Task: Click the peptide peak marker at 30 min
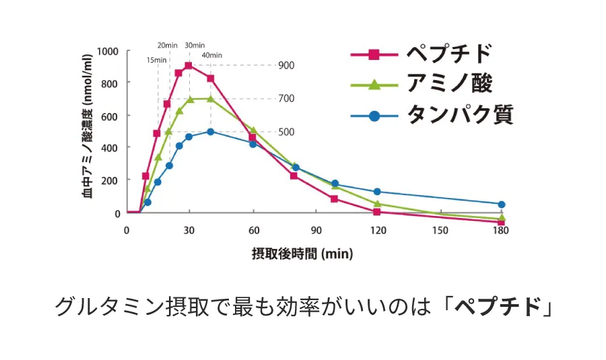coord(189,66)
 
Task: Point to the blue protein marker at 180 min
coord(502,204)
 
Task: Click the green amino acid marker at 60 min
coord(252,130)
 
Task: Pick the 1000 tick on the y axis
coord(108,51)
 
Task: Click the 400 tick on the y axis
coord(110,147)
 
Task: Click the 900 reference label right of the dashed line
coord(286,65)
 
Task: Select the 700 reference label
coord(286,98)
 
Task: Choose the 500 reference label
coord(286,131)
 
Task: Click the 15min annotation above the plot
coord(156,60)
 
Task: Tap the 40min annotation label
coord(211,55)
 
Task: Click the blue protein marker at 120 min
coord(377,192)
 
